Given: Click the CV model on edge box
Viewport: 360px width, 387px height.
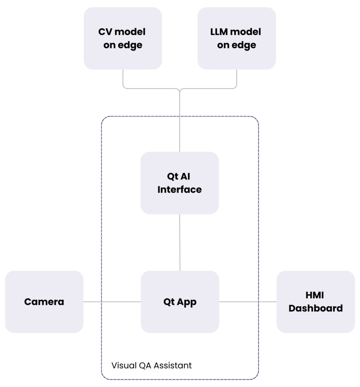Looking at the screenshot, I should (x=123, y=38).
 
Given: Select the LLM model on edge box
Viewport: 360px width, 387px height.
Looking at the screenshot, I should (x=236, y=38).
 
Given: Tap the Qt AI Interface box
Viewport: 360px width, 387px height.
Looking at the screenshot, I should (x=179, y=183).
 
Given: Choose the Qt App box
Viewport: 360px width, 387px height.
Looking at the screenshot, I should (x=180, y=302).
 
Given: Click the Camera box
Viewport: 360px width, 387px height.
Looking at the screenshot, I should (x=44, y=302).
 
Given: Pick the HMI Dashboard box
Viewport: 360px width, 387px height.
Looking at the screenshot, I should (x=315, y=302).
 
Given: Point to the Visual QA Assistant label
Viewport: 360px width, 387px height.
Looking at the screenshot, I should (x=151, y=365).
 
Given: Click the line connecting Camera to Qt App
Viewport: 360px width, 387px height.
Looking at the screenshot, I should (x=112, y=302).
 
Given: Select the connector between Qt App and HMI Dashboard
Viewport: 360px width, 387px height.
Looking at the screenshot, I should (x=248, y=302).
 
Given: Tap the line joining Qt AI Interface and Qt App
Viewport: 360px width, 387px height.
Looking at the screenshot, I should (x=179, y=242).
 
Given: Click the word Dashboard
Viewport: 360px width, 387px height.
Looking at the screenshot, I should (x=315, y=308).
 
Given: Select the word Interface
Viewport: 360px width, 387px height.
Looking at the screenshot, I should (x=179, y=189).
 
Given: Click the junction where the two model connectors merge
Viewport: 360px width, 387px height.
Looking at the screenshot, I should (x=179, y=89).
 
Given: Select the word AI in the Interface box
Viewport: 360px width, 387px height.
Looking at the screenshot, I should (x=186, y=176).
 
